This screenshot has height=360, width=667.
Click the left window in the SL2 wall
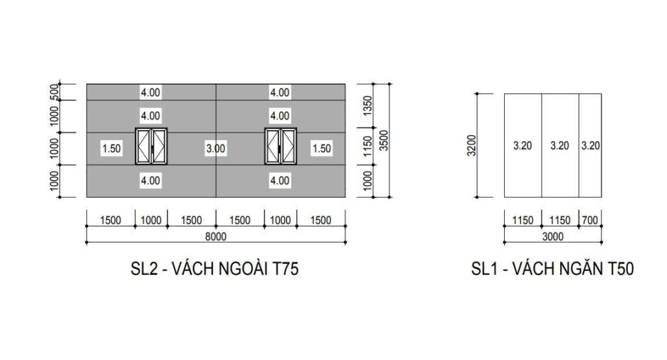click(x=151, y=148)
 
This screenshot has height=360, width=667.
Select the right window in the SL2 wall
click(x=281, y=148)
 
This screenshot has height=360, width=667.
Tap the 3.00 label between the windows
click(x=216, y=148)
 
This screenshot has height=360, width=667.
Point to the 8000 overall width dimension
click(x=216, y=237)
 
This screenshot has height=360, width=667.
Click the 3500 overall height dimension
click(x=384, y=140)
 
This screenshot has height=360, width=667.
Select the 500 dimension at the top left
click(x=55, y=92)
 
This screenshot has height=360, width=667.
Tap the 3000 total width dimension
click(x=553, y=237)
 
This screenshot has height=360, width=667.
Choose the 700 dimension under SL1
click(x=590, y=220)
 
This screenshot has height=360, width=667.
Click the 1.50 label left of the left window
click(x=111, y=148)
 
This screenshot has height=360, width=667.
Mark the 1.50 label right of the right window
click(x=321, y=148)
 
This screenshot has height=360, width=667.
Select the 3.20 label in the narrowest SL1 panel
click(x=590, y=146)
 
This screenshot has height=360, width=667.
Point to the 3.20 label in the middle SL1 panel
click(x=560, y=146)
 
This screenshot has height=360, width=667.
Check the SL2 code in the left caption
click(x=144, y=270)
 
